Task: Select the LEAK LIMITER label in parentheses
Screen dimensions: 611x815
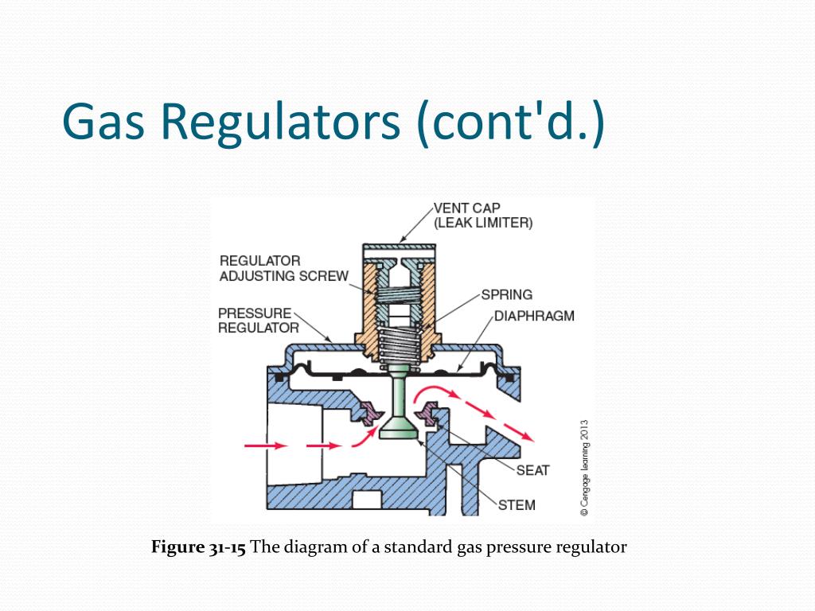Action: click(x=483, y=224)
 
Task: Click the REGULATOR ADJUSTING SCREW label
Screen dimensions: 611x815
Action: click(x=284, y=269)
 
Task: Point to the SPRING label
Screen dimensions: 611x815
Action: click(x=507, y=294)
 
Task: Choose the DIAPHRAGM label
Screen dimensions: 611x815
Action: click(x=534, y=316)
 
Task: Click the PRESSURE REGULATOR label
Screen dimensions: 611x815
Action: click(x=258, y=320)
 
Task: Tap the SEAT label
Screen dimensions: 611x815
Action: click(x=532, y=470)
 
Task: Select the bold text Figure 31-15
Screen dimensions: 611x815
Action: click(x=198, y=547)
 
